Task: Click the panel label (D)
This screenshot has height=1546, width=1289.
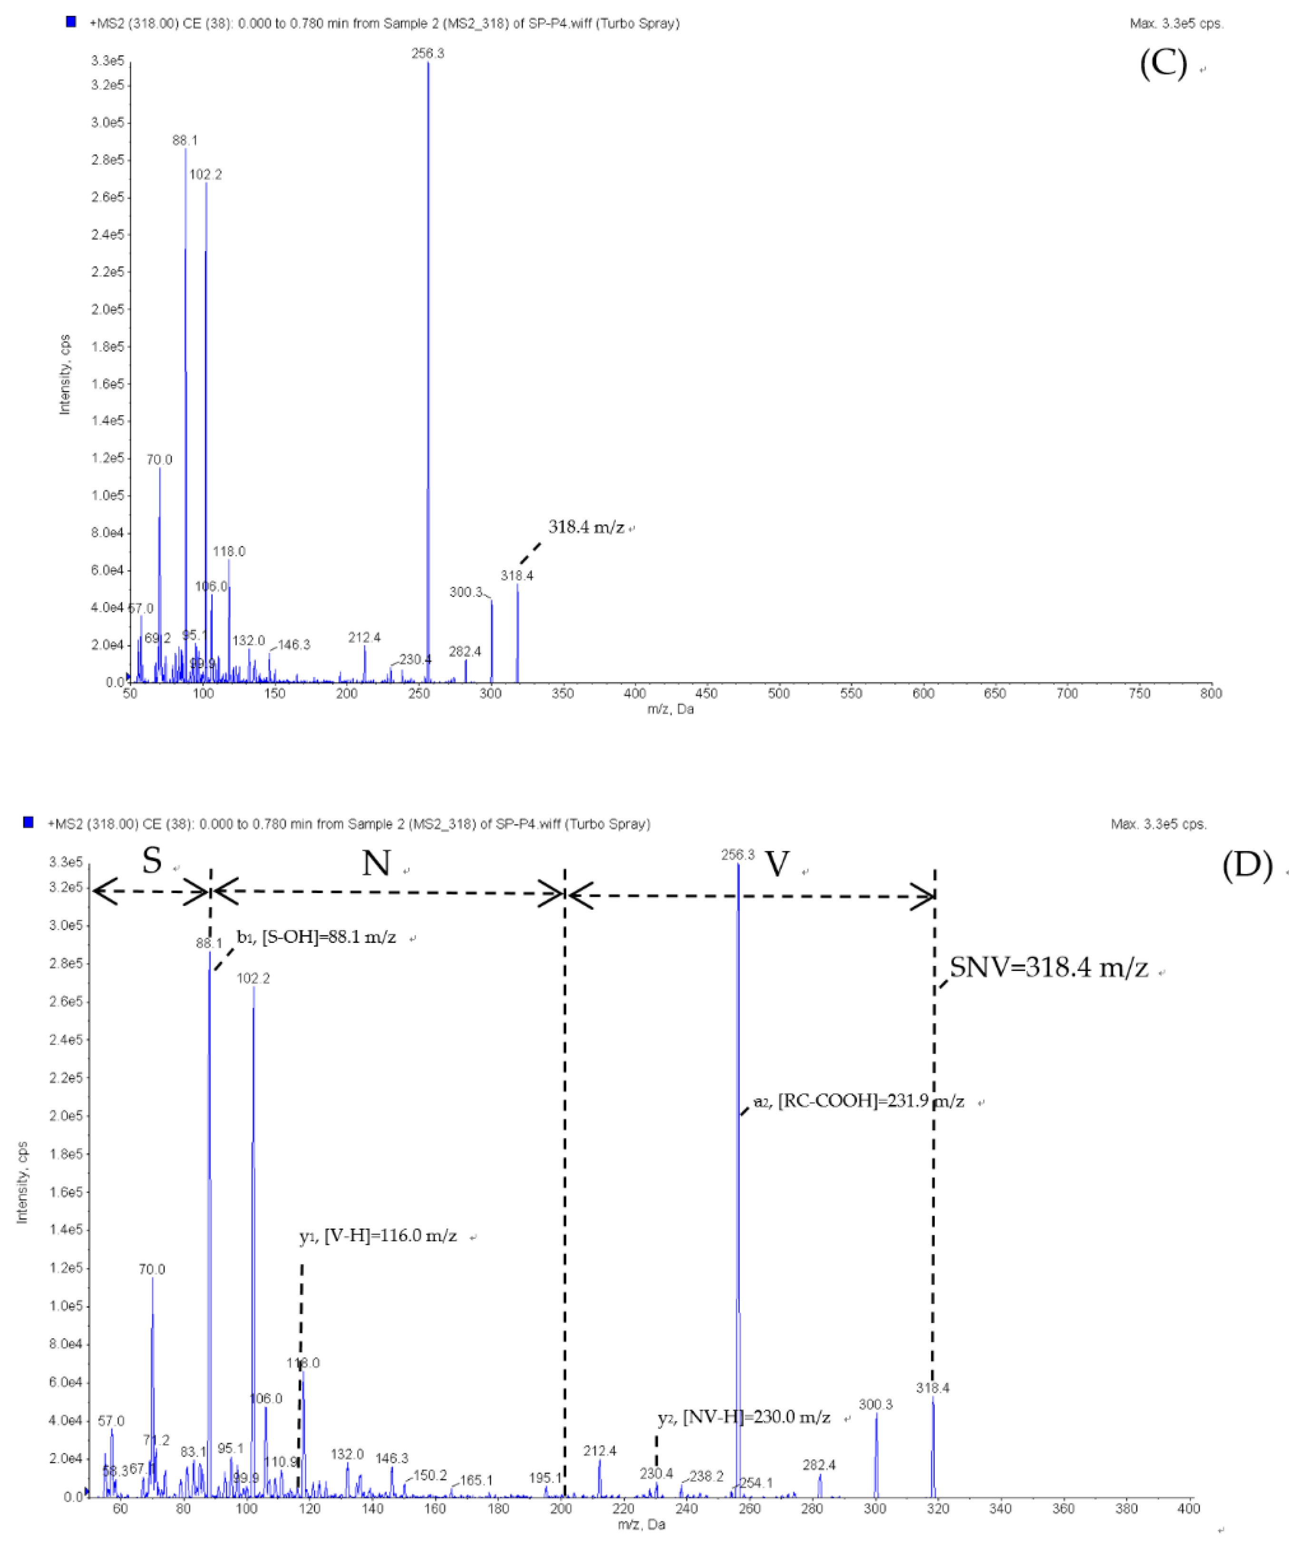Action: coord(1247,864)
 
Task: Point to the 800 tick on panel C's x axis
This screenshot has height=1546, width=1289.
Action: coord(1211,693)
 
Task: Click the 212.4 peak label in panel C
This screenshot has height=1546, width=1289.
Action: coord(364,638)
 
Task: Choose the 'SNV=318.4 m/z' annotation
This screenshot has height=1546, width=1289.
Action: coord(1048,967)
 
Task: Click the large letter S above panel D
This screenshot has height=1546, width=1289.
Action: coord(152,860)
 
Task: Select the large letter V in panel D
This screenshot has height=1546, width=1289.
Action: coord(777,864)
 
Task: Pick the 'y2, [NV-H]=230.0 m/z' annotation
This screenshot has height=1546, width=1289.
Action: coord(744,1417)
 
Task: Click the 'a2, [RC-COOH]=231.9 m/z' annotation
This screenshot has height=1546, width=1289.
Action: coord(859,1101)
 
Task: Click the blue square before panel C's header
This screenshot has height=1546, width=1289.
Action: coord(71,22)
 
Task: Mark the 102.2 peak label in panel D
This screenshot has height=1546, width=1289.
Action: coord(253,978)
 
